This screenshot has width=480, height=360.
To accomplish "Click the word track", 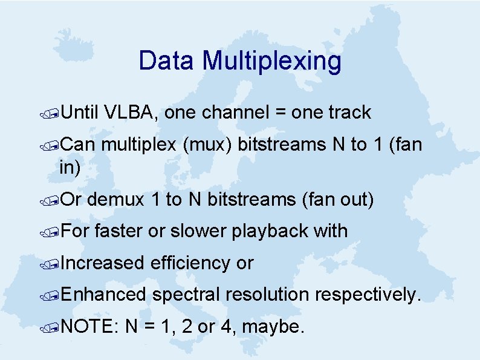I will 349,113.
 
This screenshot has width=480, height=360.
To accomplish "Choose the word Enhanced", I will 103,295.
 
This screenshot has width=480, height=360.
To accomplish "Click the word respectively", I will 366,295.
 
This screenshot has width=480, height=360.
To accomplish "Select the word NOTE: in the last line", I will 90,327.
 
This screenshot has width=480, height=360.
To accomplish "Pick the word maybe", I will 276,327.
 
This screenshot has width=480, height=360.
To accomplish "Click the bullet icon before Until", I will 53,113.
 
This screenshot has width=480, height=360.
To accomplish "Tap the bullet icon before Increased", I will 53,264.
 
